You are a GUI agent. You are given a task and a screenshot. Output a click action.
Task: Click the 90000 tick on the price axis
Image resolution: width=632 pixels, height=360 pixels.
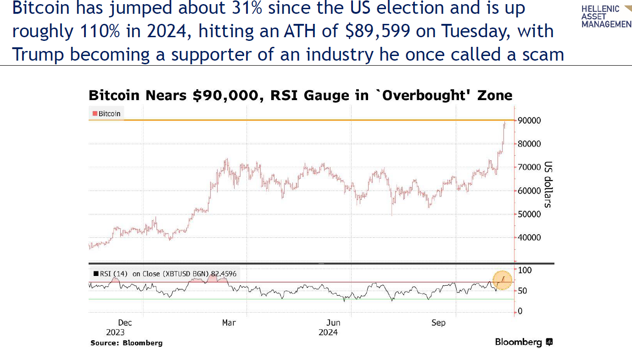(x=529, y=120)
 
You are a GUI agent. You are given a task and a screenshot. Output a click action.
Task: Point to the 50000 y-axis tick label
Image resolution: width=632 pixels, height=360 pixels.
(x=529, y=214)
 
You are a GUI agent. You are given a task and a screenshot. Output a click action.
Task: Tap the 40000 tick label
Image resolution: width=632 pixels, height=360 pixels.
(x=529, y=238)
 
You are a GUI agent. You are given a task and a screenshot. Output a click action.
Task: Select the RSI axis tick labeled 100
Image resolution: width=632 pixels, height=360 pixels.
(x=525, y=270)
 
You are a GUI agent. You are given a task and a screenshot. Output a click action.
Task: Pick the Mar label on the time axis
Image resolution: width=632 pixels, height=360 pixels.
(x=229, y=323)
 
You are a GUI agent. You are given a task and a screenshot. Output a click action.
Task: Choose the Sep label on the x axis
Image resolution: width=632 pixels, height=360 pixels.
(x=438, y=323)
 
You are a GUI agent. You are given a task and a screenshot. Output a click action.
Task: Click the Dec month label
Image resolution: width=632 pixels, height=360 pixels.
(x=125, y=323)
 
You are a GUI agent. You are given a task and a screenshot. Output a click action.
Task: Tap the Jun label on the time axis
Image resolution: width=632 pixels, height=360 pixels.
(x=333, y=323)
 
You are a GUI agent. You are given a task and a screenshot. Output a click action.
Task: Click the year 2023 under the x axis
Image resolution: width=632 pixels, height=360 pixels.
(x=115, y=332)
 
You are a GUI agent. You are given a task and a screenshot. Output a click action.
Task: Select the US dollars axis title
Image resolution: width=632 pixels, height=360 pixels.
(x=548, y=185)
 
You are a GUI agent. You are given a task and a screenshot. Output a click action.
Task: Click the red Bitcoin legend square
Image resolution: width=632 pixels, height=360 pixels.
(x=95, y=113)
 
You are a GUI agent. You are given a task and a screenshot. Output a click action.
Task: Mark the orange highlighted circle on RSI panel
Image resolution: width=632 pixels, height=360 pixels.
(x=503, y=280)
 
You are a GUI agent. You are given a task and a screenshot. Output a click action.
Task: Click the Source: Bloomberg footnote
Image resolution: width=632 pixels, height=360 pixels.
(x=126, y=343)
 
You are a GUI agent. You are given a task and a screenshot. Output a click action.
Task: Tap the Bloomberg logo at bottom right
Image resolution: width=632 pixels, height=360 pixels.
(x=524, y=342)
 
